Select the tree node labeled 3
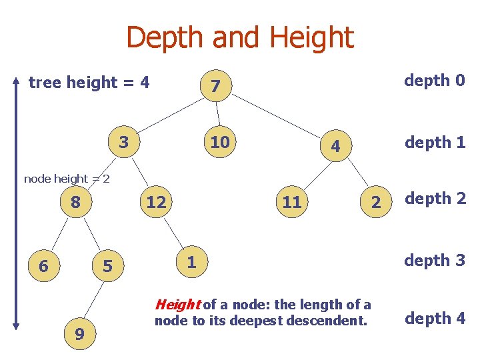[x=123, y=143]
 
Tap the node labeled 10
[x=219, y=143]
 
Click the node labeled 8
[x=76, y=202]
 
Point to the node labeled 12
[x=156, y=202]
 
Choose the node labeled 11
[x=291, y=202]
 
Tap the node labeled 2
[x=375, y=203]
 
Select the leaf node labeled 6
[x=43, y=266]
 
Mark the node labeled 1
[x=191, y=262]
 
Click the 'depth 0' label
[x=435, y=81]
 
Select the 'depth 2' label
[x=435, y=199]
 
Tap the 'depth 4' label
[x=435, y=319]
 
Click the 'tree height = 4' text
[x=89, y=83]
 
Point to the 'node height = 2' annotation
[x=67, y=178]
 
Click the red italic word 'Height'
[x=177, y=305]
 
